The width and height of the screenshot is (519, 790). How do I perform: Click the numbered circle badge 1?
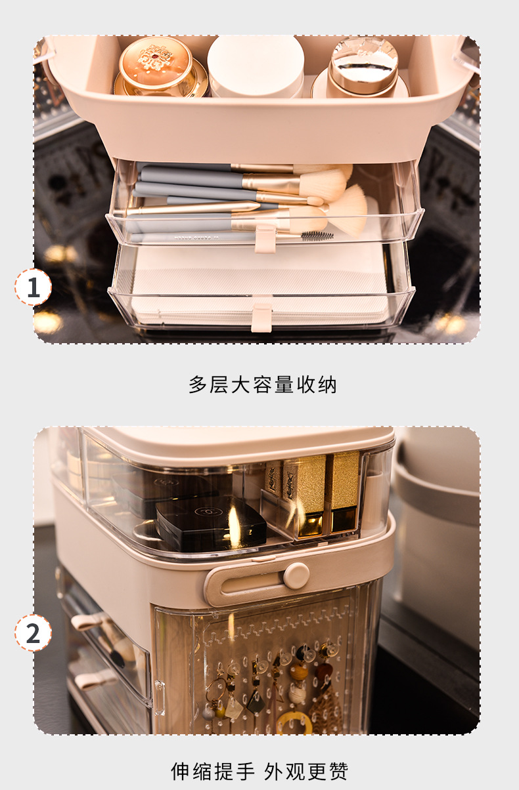pyautogui.click(x=33, y=287)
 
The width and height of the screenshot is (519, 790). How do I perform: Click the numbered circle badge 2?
pyautogui.click(x=33, y=633)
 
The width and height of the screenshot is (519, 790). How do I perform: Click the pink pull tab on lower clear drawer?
pyautogui.click(x=261, y=318)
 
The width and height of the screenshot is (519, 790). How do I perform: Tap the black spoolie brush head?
pyautogui.click(x=317, y=236)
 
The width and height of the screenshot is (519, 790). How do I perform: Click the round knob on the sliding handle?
pyautogui.click(x=296, y=575)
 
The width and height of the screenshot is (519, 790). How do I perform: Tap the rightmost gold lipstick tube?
pyautogui.click(x=342, y=491)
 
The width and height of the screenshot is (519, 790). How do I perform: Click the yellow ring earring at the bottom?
pyautogui.click(x=294, y=722)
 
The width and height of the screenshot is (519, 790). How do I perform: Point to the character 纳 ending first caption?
pyautogui.click(x=327, y=385)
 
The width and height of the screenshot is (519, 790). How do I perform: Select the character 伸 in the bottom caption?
pyautogui.click(x=180, y=771)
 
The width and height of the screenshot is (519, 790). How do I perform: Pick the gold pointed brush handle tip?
pyautogui.click(x=255, y=205)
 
